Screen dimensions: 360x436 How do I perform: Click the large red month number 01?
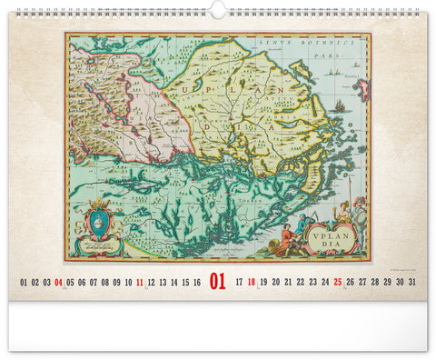pos(217,283)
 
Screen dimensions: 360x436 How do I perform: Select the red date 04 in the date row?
pos(58,283)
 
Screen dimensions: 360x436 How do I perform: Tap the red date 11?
pos(140,283)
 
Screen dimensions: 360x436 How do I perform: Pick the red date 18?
pos(252,283)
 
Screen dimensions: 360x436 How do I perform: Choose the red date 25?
pos(337,283)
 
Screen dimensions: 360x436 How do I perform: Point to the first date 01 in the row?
pos(24,283)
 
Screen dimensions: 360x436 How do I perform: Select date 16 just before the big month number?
pos(196,283)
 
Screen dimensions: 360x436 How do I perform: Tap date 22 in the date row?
pos(301,283)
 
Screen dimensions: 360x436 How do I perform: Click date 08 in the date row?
pos(104,283)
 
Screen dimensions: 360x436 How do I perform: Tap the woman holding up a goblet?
pos(343,214)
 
